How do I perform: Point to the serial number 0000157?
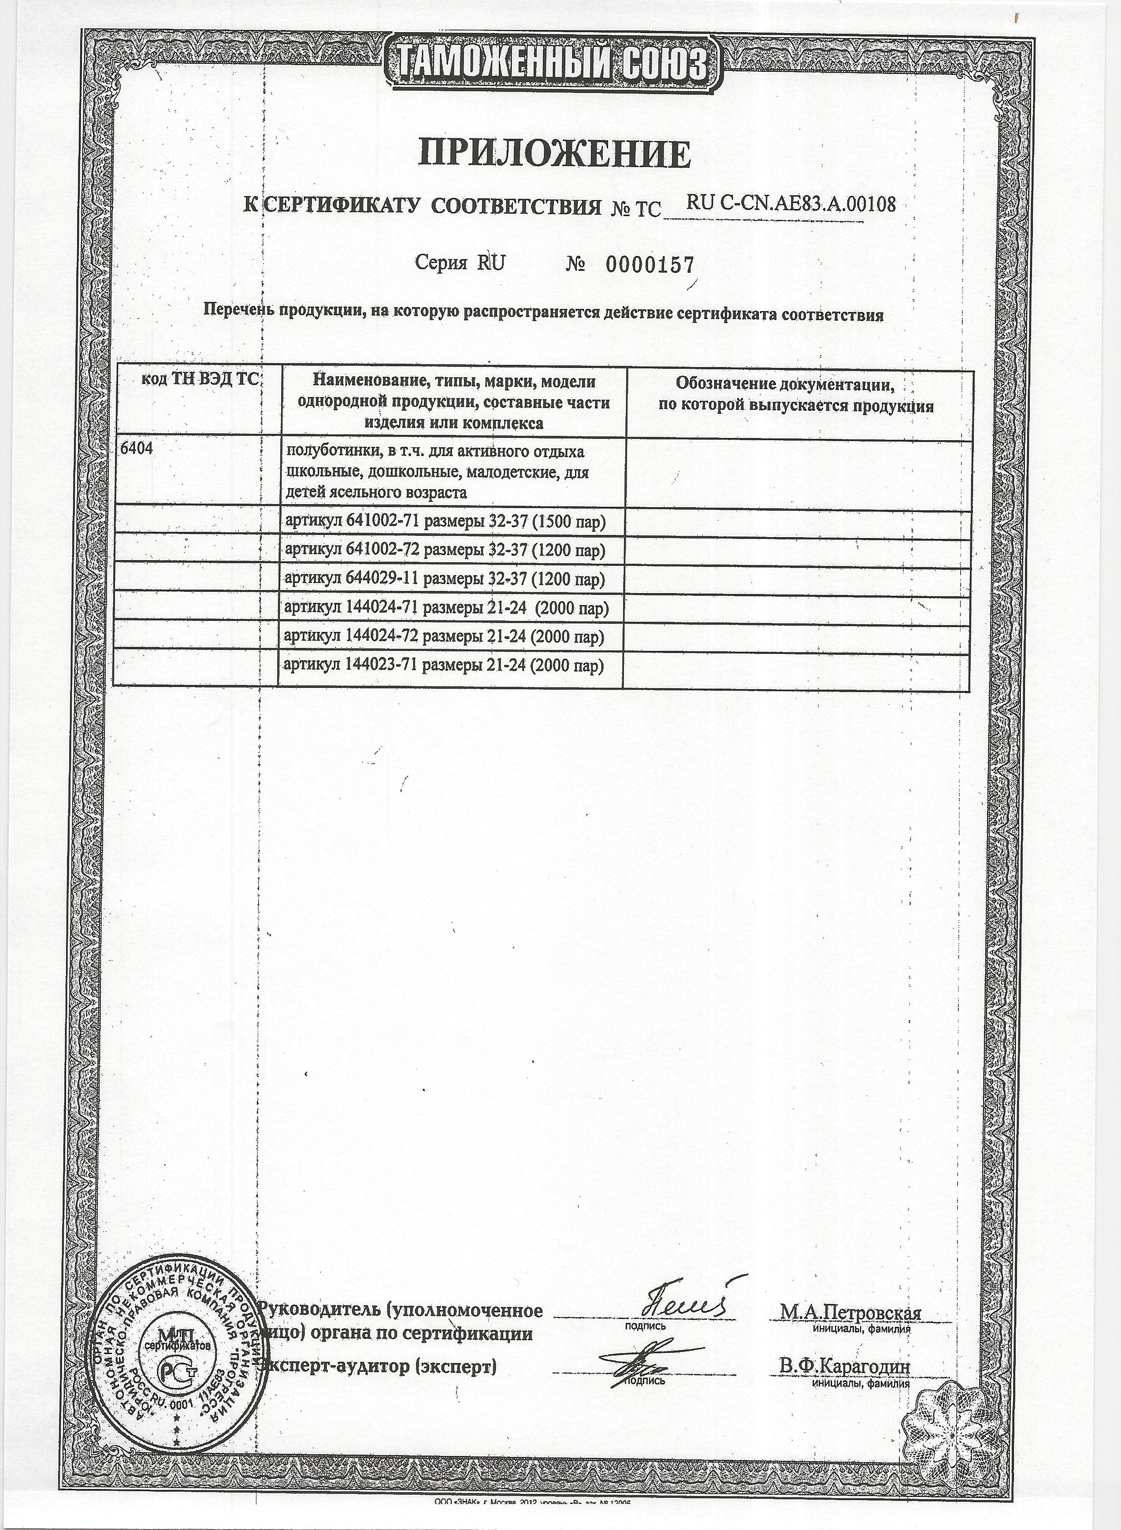650,264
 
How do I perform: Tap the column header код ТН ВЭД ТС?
200,379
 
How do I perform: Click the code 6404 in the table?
136,449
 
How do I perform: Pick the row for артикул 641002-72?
445,550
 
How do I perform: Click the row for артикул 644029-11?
445,579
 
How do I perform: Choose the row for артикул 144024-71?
446,609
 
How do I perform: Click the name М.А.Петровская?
850,1313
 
